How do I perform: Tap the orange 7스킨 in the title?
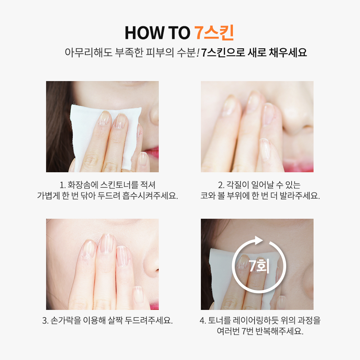(214, 32)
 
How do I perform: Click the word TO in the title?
(179, 33)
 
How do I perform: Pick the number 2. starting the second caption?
(221, 185)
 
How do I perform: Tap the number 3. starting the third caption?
(45, 320)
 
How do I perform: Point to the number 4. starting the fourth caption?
(203, 320)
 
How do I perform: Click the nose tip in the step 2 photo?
(297, 129)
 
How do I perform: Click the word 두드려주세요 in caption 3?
(149, 320)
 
